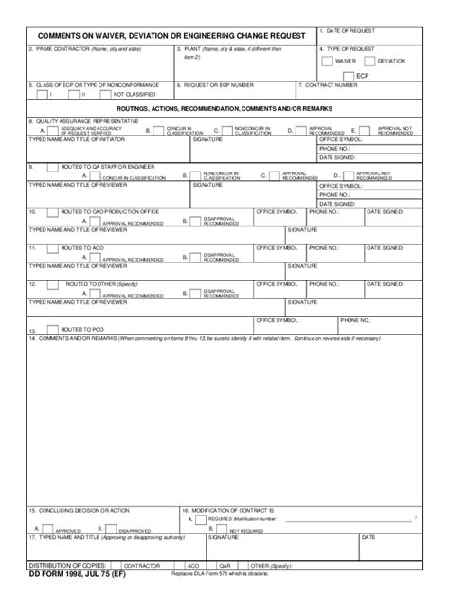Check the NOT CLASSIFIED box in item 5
click(102, 95)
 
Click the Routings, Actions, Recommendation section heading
click(224, 109)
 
